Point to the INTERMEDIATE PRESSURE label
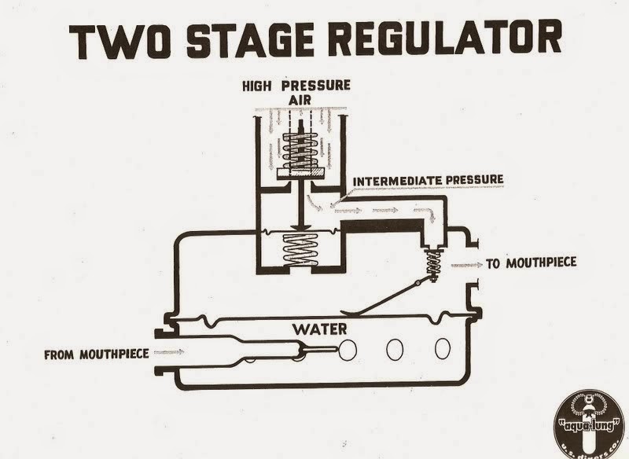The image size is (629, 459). tap(429, 181)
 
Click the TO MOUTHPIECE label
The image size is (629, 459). tap(532, 264)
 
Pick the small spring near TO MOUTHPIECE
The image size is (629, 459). tap(430, 259)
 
